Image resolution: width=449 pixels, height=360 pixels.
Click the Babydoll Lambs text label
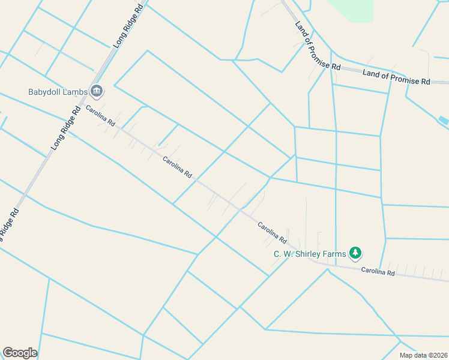coord(58,92)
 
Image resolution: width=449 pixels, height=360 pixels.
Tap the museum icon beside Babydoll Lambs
coord(97,91)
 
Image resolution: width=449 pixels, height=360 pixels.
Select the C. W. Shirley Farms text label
coord(310,254)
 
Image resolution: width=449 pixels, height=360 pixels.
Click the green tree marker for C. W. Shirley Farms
coord(356,253)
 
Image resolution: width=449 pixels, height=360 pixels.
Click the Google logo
coord(20,353)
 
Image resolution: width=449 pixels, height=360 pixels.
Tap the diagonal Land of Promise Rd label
coord(318,46)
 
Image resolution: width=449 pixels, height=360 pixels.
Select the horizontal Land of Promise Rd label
coord(396,77)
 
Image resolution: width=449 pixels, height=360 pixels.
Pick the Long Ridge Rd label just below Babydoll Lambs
coord(67,128)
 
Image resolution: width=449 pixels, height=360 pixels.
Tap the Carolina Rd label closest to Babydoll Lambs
coord(100,115)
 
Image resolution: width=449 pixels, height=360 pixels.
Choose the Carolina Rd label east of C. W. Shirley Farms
coord(378,272)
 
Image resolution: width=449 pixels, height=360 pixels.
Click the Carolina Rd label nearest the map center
coord(178,167)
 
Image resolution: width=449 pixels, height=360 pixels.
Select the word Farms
coord(334,254)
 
